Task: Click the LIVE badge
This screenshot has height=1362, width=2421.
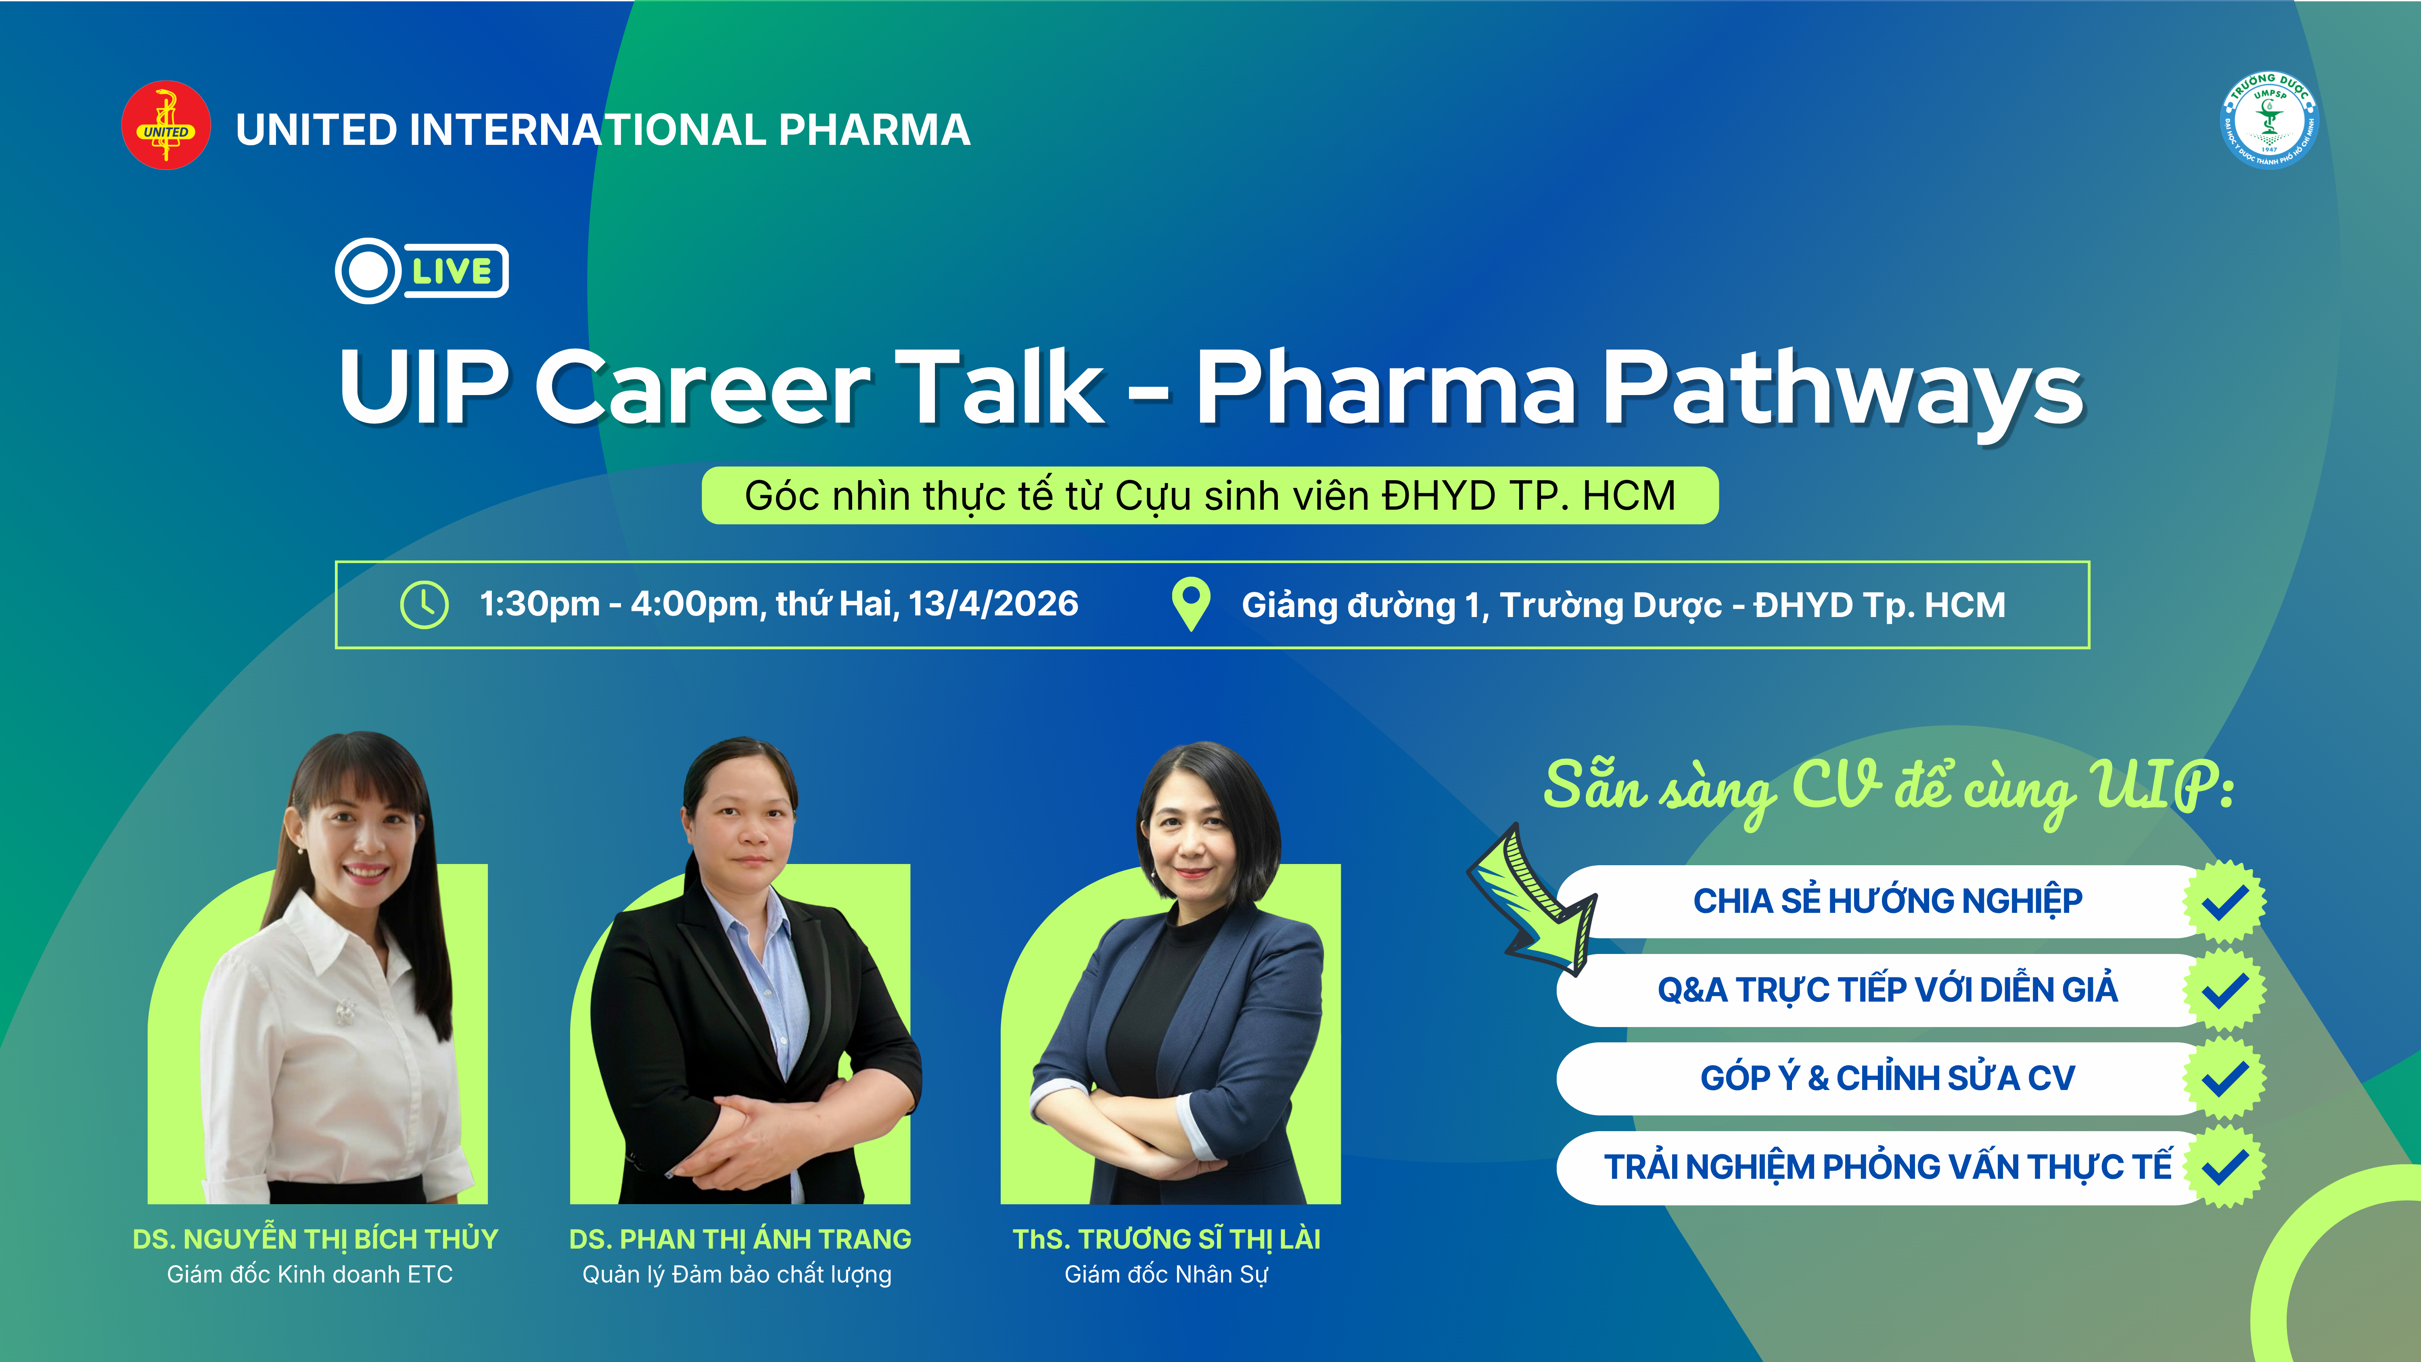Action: [422, 271]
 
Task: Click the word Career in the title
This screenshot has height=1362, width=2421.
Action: [703, 387]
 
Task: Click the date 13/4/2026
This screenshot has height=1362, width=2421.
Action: [993, 603]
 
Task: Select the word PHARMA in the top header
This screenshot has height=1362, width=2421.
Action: [874, 130]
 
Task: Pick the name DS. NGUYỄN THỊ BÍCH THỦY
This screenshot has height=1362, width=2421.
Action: [316, 1239]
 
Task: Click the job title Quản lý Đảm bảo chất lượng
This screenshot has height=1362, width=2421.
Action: [737, 1274]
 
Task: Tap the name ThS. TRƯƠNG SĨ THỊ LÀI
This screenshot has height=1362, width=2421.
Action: [1167, 1239]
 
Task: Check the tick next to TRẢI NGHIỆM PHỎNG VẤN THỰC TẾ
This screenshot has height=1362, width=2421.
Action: [2224, 1167]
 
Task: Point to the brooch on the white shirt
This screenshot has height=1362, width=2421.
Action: [346, 1011]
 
